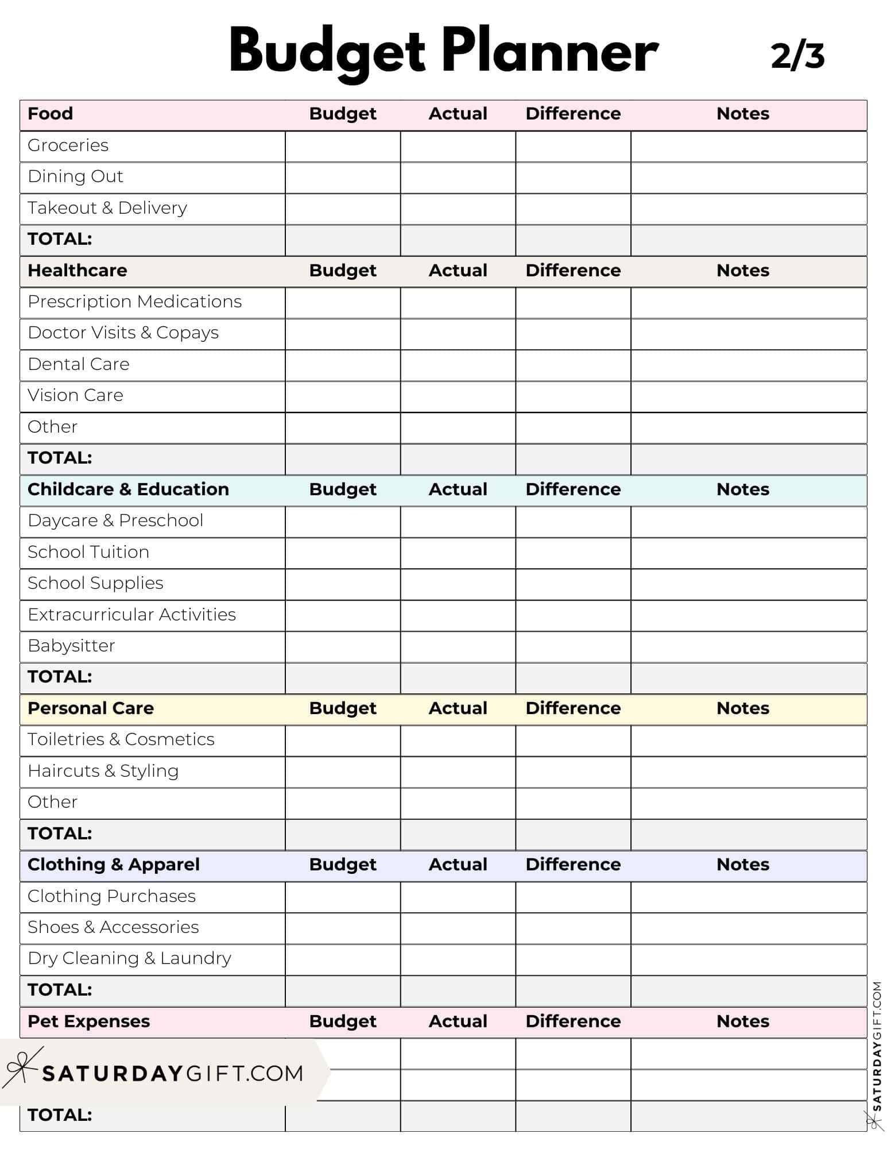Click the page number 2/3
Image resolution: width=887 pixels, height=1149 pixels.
pyautogui.click(x=797, y=56)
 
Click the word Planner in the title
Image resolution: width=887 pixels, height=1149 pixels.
pyautogui.click(x=549, y=52)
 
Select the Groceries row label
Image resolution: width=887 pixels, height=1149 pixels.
pyautogui.click(x=68, y=145)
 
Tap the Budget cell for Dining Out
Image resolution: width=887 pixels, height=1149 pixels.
pyautogui.click(x=343, y=178)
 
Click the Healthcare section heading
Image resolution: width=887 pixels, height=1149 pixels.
pyautogui.click(x=78, y=271)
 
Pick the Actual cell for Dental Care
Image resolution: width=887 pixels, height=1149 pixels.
pyautogui.click(x=458, y=365)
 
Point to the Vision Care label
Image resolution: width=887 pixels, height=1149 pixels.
pyautogui.click(x=75, y=395)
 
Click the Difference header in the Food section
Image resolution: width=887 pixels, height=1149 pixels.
pyautogui.click(x=573, y=114)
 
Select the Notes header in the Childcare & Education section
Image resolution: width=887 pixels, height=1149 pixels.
pyautogui.click(x=742, y=489)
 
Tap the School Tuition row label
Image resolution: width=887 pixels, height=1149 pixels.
pyautogui.click(x=88, y=552)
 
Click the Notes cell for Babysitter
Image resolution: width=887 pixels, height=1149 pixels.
pyautogui.click(x=748, y=647)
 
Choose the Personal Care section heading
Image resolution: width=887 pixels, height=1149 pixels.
pyautogui.click(x=91, y=708)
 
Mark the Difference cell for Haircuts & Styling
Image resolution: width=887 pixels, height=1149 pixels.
pyautogui.click(x=573, y=772)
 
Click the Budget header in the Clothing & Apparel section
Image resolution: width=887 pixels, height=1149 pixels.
pyautogui.click(x=343, y=865)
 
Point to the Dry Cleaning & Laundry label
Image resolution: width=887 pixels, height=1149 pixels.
pyautogui.click(x=130, y=958)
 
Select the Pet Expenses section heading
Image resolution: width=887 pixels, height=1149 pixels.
pyautogui.click(x=88, y=1021)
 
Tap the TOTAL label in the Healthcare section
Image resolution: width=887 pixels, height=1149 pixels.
pyautogui.click(x=60, y=458)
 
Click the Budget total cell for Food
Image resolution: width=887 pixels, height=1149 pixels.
pyautogui.click(x=343, y=240)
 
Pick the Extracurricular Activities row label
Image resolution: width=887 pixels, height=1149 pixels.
pyautogui.click(x=131, y=615)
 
